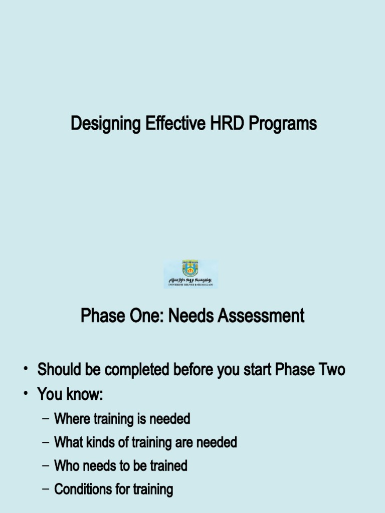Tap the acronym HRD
[225, 123]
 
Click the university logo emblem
[190, 269]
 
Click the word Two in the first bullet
[332, 370]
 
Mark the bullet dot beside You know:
[25, 395]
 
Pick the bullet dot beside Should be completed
[25, 370]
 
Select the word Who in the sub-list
[64, 466]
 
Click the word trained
[168, 466]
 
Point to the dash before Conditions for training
[46, 489]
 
